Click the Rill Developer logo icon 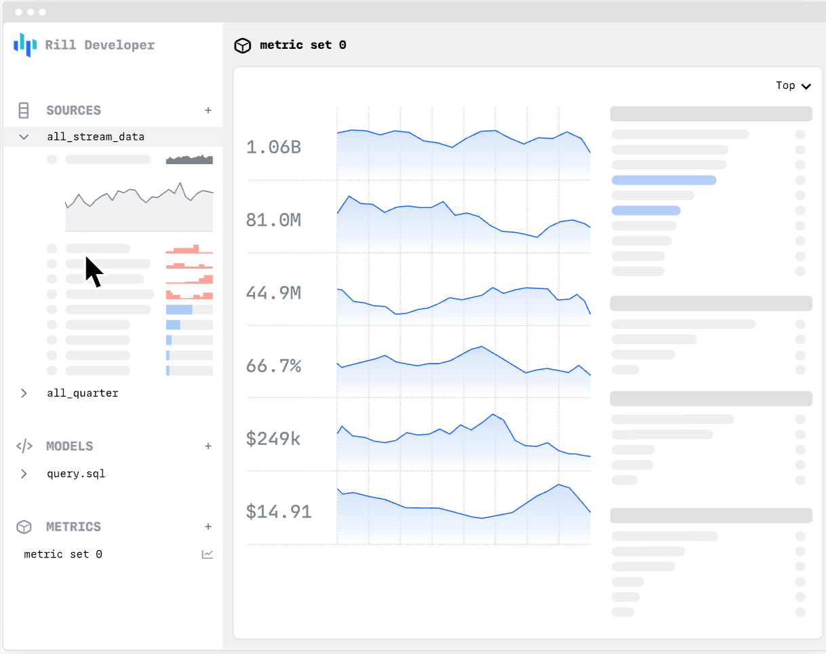pos(25,45)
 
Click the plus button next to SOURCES pos(208,111)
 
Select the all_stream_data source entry pos(96,137)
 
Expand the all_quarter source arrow pos(24,393)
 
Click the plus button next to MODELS pos(208,446)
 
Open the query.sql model pos(76,474)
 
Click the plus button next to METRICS pos(208,527)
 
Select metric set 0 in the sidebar pos(63,554)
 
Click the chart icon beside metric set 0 pos(208,554)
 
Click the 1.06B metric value pos(273,147)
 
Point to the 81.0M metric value pos(273,220)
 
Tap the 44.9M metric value pos(273,293)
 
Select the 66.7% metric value pos(273,366)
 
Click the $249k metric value pos(273,439)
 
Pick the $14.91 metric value pos(279,512)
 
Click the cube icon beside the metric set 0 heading pos(242,45)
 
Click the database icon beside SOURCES pos(24,111)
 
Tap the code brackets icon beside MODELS pos(24,446)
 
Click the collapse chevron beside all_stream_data pos(24,137)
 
